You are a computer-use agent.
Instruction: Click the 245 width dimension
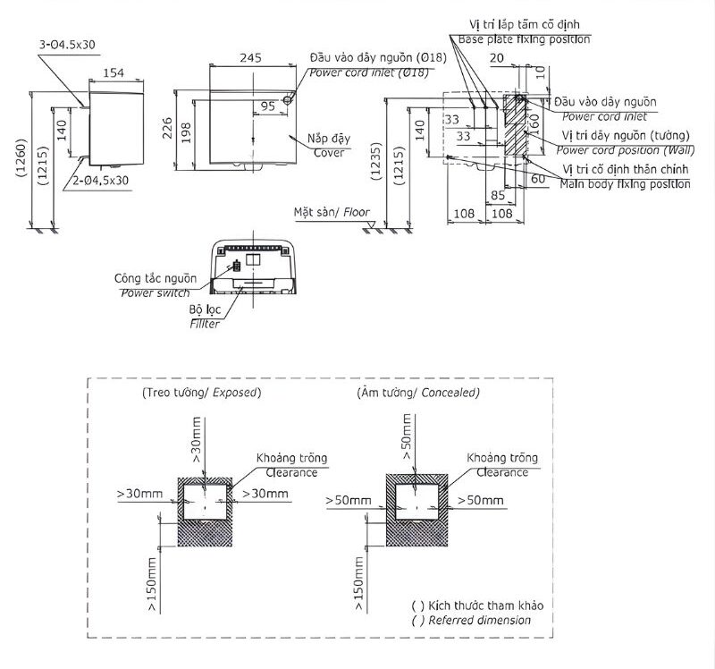251,57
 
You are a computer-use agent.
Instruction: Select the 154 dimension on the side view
114,72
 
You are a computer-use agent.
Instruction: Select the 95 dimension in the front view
268,106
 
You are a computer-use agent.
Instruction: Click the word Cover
329,153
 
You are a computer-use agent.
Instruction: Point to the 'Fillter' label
205,323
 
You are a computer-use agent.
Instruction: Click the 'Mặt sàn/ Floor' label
332,213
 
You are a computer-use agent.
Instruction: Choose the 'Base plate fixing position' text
524,39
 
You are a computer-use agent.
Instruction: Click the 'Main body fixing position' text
625,183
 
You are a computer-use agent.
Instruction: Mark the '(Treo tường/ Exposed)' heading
201,393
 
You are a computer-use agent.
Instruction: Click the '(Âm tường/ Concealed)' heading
417,393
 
